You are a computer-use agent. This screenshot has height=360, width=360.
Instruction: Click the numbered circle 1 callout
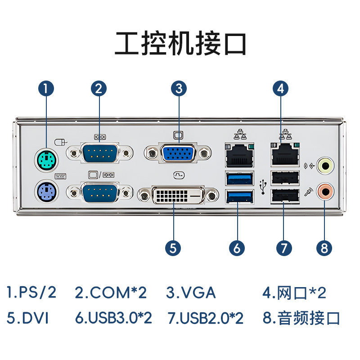46,88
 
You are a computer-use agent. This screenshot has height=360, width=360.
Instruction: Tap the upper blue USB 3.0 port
239,178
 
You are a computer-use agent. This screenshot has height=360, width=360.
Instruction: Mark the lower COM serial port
100,193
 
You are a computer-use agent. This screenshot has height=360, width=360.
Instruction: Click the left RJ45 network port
238,155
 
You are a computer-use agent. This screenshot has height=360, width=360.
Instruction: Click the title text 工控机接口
180,44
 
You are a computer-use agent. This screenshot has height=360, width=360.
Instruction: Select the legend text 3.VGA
191,293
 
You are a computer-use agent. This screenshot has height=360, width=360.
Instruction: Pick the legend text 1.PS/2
31,293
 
